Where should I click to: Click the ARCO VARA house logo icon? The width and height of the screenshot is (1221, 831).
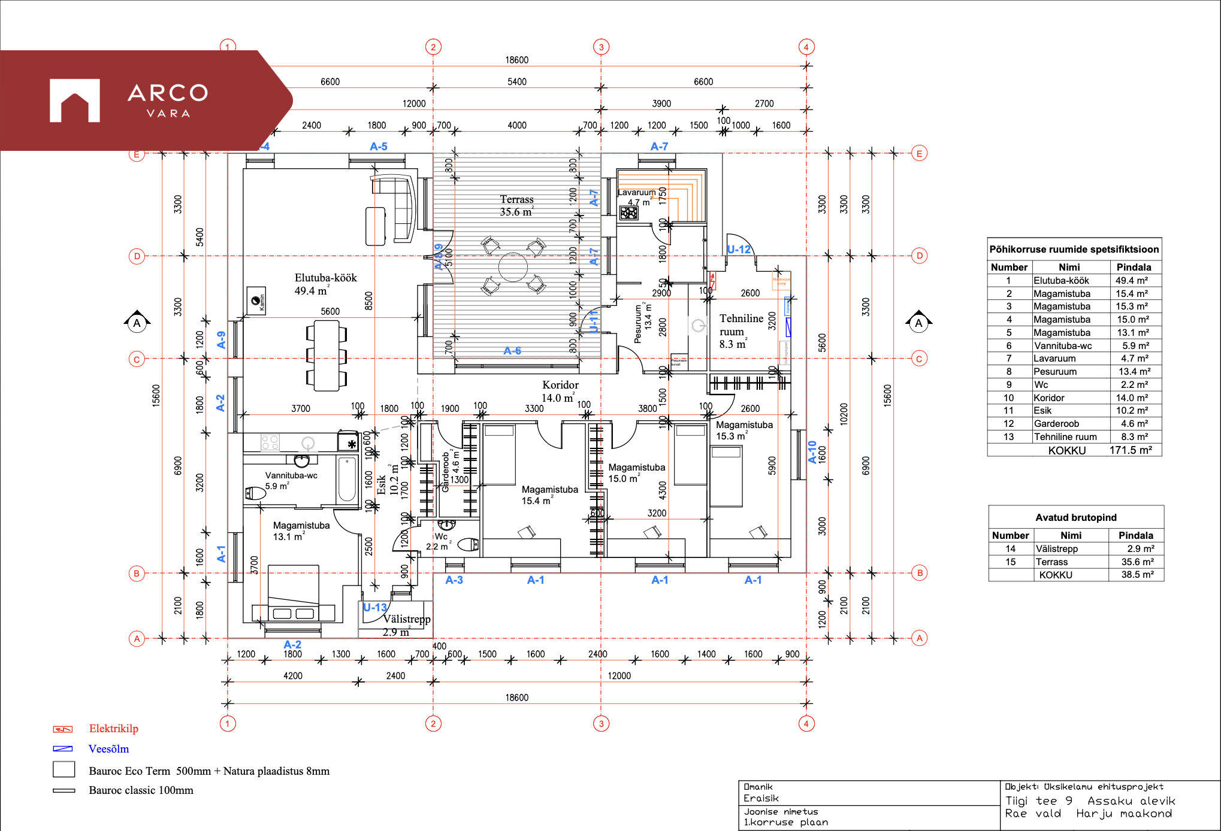tap(74, 101)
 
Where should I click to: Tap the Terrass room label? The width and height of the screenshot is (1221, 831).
tap(516, 205)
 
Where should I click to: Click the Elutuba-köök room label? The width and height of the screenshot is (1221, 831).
tap(325, 284)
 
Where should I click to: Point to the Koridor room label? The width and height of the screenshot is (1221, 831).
tap(560, 391)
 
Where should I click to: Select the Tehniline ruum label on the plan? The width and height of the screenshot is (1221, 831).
tap(741, 331)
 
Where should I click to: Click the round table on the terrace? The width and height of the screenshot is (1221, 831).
tap(513, 267)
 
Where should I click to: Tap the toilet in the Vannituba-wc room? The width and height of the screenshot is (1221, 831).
tap(256, 493)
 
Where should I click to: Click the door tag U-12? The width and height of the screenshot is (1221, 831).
tap(739, 250)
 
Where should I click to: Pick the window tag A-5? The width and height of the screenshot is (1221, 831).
tap(379, 147)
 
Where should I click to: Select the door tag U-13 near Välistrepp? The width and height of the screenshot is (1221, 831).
tap(375, 608)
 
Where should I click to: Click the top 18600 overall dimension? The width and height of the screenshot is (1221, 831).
tap(516, 60)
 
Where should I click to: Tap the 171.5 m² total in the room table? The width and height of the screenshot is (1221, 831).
tap(1131, 450)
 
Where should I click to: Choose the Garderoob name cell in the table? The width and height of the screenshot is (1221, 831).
tap(1056, 424)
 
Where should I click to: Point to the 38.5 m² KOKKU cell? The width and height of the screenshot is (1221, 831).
tap(1135, 575)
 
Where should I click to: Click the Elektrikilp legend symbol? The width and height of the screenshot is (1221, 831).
tap(63, 729)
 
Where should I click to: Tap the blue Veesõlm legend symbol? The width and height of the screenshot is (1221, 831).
tap(63, 749)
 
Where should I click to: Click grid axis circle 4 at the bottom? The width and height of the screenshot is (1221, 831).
tap(806, 724)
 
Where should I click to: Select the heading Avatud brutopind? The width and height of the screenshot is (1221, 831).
tap(1075, 517)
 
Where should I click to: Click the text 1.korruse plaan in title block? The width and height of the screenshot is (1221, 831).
tap(786, 823)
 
